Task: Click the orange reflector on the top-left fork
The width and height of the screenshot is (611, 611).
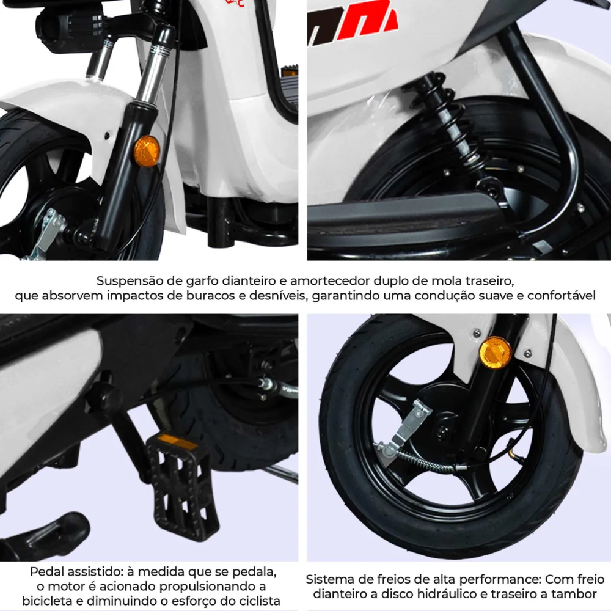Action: (x=147, y=151)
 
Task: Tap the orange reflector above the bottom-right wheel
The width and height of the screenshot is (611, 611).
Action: (x=496, y=353)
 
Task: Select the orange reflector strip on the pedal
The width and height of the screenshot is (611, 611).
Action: (x=177, y=442)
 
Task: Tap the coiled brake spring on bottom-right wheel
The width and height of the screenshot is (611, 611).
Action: (x=425, y=460)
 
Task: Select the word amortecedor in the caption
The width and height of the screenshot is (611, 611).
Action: (x=330, y=281)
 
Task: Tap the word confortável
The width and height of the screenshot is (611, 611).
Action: (x=562, y=296)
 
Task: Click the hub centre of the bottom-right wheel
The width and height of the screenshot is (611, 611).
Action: (x=442, y=431)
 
